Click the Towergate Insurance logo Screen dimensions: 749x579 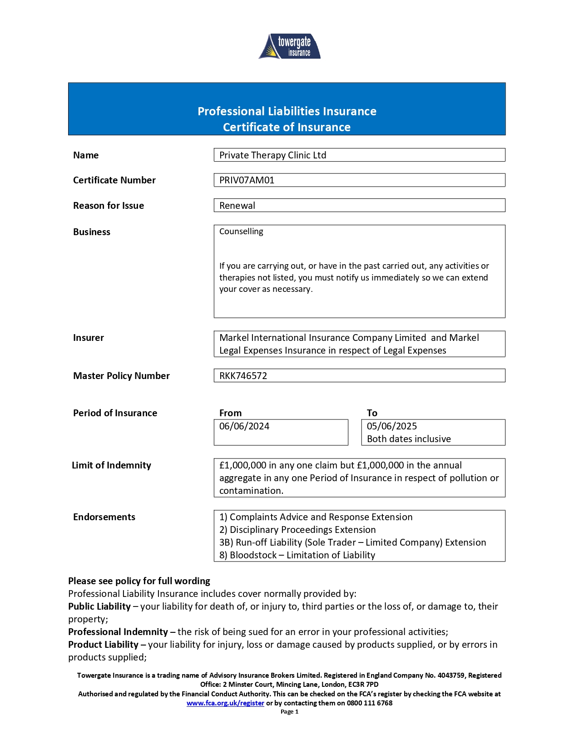pos(290,46)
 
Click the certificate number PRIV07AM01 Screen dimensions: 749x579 pos(247,180)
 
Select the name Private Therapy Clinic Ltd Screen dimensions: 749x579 pos(272,155)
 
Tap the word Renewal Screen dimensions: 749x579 pos(237,206)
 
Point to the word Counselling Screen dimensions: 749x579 pos(241,232)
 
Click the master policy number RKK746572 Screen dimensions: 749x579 pos(243,376)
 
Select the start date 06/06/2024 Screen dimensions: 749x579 pos(244,426)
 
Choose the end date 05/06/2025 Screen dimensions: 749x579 pos(391,426)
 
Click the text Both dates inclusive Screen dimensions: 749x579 pos(409,439)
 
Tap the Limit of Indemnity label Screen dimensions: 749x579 pos(111,465)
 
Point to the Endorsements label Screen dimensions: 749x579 pos(104,517)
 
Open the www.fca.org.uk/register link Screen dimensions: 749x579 pos(225,703)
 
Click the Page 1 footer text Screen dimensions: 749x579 pos(289,712)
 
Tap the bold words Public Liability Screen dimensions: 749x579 pos(99,606)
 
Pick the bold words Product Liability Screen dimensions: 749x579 pos(103,645)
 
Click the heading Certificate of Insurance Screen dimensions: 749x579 pos(287,127)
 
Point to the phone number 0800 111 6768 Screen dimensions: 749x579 pos(370,703)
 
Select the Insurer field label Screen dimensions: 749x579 pos(89,338)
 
